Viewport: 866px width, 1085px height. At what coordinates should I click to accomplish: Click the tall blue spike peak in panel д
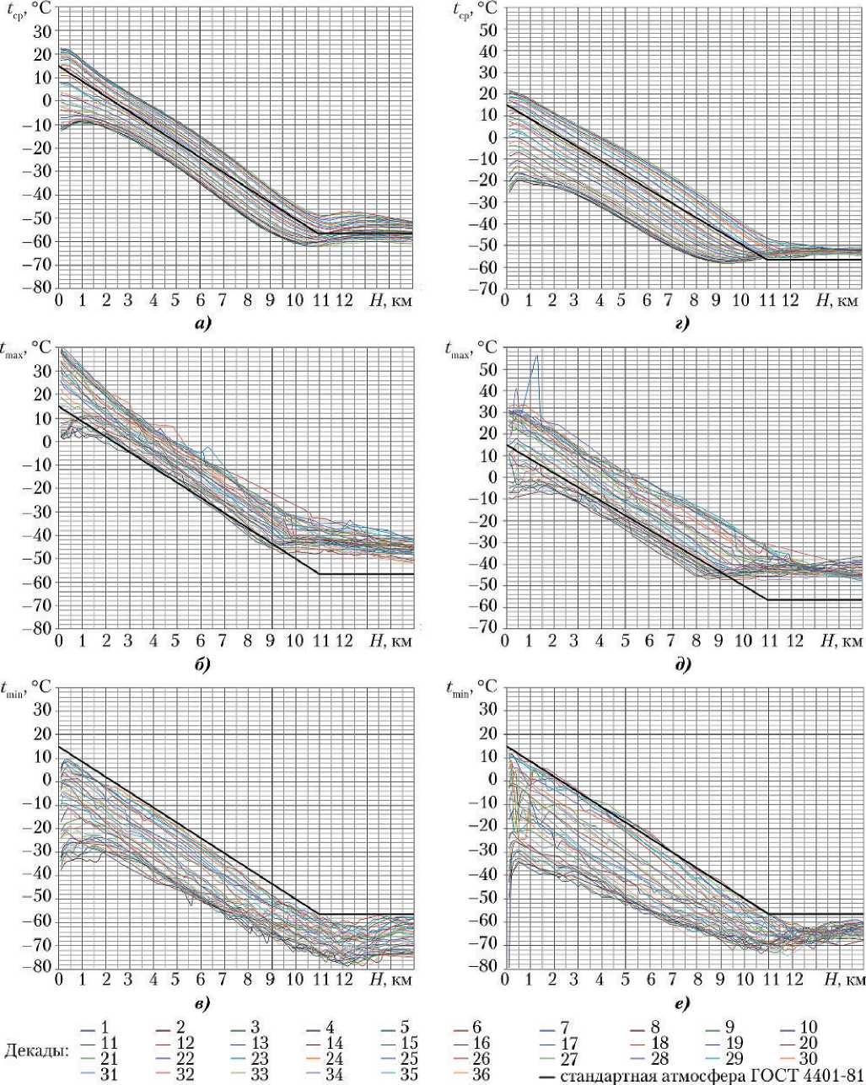coord(536,357)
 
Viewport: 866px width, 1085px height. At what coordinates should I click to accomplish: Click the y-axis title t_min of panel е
coord(463,687)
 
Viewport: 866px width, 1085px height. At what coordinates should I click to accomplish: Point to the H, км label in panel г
coord(838,301)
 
